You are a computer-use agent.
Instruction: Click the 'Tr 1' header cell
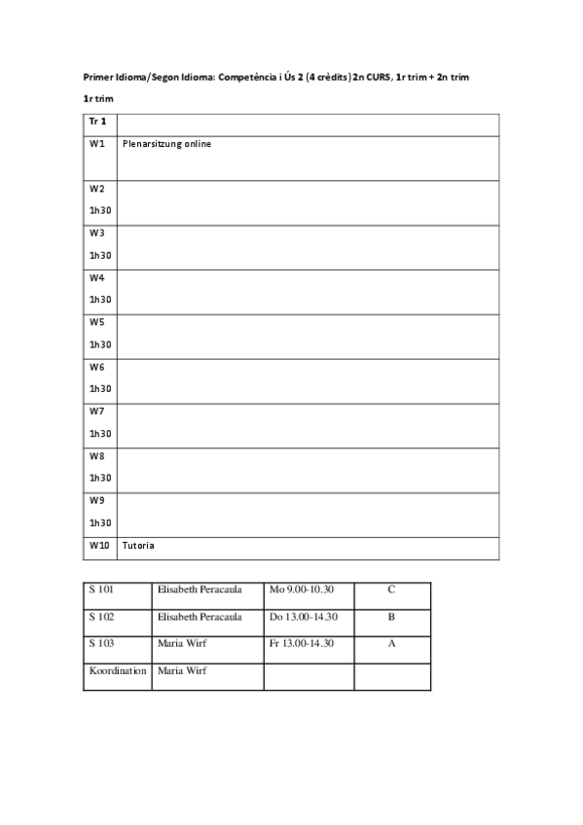[x=97, y=122]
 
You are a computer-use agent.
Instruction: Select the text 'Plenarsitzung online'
[x=166, y=144]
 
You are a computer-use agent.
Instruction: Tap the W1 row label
[x=96, y=144]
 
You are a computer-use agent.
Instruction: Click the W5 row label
[x=96, y=322]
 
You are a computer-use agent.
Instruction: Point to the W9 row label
[x=96, y=501]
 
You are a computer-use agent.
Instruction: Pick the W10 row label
[x=98, y=546]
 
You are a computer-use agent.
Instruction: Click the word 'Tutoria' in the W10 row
[x=138, y=546]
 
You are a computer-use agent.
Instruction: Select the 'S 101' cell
[x=101, y=590]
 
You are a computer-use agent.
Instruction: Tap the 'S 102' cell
[x=101, y=617]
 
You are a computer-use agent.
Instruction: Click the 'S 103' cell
[x=101, y=643]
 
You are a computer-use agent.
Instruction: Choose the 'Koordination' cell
[x=117, y=670]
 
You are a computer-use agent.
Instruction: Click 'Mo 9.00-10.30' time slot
[x=301, y=590]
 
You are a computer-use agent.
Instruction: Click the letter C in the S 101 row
[x=391, y=590]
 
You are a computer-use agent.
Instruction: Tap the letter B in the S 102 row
[x=391, y=617]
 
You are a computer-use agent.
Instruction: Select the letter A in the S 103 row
[x=391, y=643]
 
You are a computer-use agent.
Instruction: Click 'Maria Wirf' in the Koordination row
[x=182, y=670]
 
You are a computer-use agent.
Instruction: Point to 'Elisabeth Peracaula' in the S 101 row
[x=200, y=590]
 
